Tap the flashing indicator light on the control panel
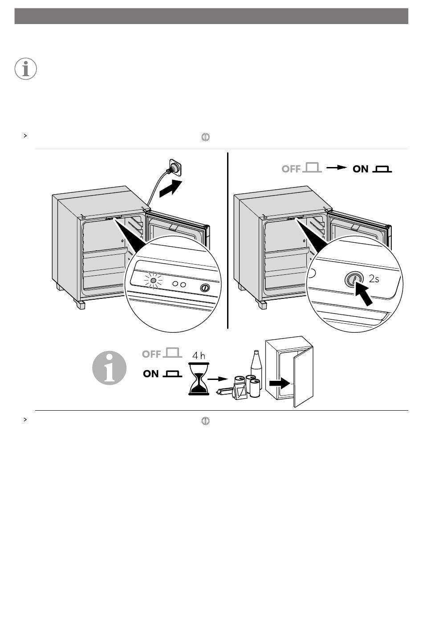tap(153, 281)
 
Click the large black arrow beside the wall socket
tap(171, 188)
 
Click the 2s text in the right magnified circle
tap(374, 278)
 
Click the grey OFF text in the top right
tap(291, 169)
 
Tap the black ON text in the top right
tap(360, 169)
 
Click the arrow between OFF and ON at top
tap(337, 167)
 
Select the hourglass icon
tap(199, 379)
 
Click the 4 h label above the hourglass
tap(199, 355)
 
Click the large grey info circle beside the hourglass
tap(109, 368)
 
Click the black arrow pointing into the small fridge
tap(280, 383)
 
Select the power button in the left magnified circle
tap(205, 288)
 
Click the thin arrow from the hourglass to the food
tap(217, 379)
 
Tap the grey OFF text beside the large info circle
tap(151, 354)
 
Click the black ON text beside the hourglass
tap(151, 374)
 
